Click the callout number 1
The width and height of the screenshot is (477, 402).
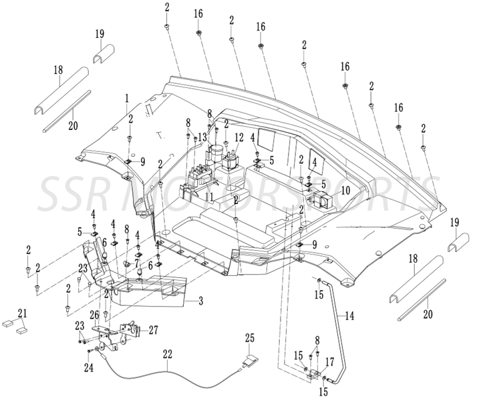tap(126, 99)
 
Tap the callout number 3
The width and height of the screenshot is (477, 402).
tap(200, 301)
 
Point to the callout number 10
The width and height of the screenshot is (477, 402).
tap(345, 190)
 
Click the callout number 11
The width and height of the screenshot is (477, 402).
tap(210, 197)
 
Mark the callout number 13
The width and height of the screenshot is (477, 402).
tap(202, 136)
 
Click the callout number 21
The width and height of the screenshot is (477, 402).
tap(22, 313)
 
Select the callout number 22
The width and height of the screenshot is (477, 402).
tap(168, 354)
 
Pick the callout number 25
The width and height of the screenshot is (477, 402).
tap(250, 338)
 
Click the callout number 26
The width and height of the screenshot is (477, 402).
tap(94, 315)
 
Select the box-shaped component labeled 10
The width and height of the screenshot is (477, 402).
tap(321, 199)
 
